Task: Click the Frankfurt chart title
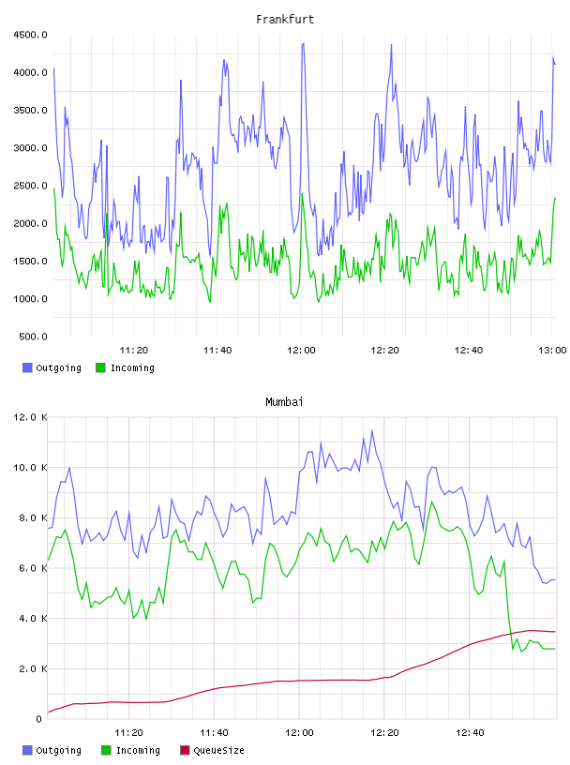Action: (285, 20)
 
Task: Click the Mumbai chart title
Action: (284, 402)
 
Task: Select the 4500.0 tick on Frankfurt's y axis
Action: (30, 35)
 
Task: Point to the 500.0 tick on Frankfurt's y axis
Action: (33, 337)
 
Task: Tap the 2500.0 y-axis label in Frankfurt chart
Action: (30, 186)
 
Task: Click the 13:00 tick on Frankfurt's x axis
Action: (552, 351)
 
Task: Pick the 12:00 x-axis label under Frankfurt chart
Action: (301, 351)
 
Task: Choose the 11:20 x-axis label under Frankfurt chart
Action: (134, 351)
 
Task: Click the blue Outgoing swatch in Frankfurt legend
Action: (27, 367)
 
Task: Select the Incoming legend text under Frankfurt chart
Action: (132, 367)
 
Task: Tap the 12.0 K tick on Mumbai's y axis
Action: (30, 417)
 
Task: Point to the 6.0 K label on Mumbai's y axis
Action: (33, 568)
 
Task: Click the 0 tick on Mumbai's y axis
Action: (39, 719)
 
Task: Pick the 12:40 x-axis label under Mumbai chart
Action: (470, 733)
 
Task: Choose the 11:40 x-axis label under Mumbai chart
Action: (214, 733)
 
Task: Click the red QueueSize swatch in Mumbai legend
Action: (185, 750)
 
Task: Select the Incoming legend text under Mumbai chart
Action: (138, 750)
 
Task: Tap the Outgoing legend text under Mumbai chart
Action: (58, 750)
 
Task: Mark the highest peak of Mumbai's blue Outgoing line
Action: (372, 430)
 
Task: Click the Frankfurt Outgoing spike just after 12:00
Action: (304, 43)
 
